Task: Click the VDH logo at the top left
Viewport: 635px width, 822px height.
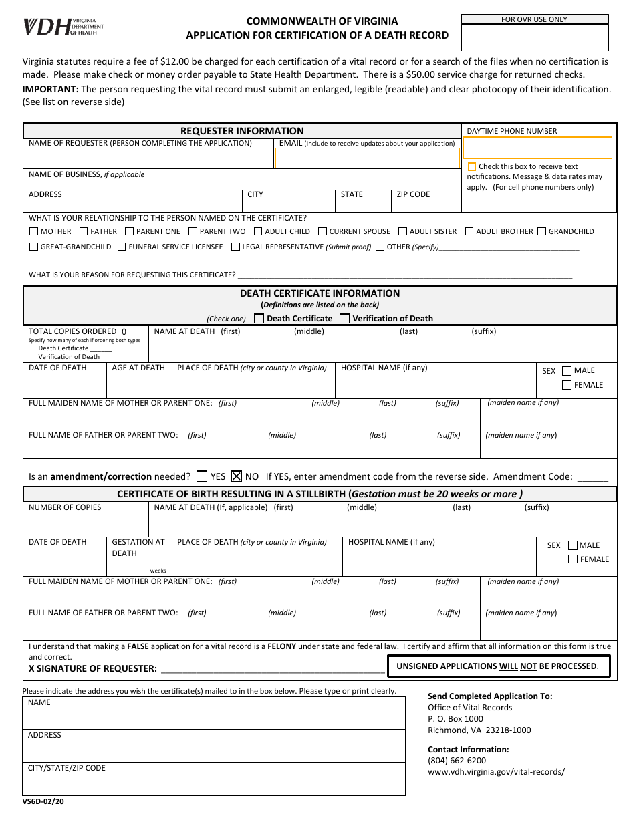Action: click(x=63, y=27)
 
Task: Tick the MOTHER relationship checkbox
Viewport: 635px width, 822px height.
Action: click(x=33, y=232)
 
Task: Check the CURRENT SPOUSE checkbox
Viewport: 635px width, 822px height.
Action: click(x=322, y=232)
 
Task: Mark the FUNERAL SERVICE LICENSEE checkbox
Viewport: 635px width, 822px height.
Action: click(x=122, y=247)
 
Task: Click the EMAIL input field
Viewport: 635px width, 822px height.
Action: click(x=367, y=158)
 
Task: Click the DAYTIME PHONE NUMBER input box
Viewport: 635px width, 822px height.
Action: click(x=537, y=148)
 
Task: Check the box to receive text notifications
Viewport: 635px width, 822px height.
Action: click(x=472, y=167)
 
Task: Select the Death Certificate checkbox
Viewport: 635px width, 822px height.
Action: click(x=259, y=319)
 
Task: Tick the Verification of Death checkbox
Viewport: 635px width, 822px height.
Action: click(x=345, y=319)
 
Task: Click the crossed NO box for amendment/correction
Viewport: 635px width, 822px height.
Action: click(x=236, y=476)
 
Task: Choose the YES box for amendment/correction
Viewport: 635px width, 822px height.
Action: click(x=202, y=476)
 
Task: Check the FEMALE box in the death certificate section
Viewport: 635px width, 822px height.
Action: click(x=567, y=385)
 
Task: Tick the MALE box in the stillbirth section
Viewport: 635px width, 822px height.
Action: click(x=572, y=545)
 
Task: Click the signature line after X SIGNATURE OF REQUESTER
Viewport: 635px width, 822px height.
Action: click(x=273, y=668)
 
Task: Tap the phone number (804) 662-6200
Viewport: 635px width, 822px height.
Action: click(x=457, y=760)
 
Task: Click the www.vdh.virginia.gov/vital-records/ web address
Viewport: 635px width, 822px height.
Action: click(x=496, y=771)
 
